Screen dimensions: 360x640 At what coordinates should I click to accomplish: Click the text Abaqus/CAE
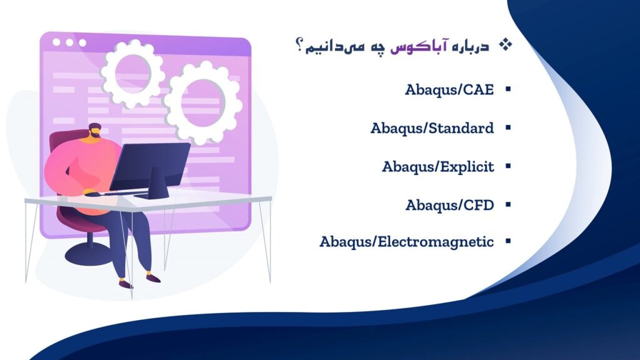449,89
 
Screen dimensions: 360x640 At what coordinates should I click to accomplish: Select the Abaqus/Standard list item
432,128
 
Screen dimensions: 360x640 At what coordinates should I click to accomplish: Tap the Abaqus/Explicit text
437,167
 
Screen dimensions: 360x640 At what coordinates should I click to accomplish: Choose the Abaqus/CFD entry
449,205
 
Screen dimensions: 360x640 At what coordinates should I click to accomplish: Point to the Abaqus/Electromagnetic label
406,242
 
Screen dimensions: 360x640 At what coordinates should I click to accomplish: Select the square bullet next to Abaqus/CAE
507,90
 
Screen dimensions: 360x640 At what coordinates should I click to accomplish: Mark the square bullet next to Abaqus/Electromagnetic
507,242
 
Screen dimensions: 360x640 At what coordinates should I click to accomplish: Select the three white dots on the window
69,42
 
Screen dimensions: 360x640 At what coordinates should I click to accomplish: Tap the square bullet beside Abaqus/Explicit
507,167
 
